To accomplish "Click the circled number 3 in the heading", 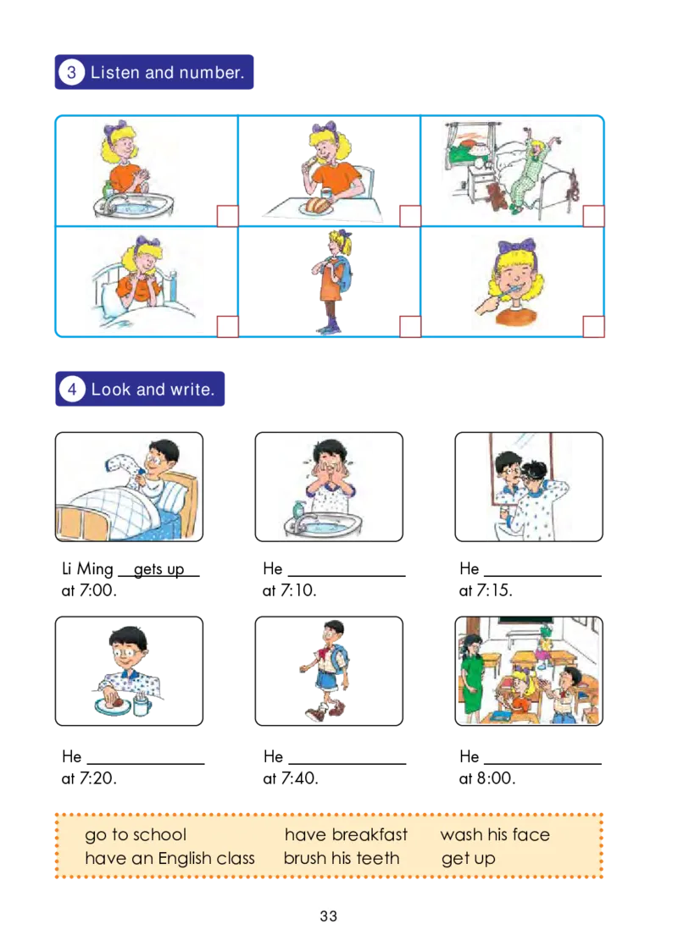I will click(71, 73).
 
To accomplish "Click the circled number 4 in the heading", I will click(71, 390).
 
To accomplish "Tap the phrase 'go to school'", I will click(136, 835).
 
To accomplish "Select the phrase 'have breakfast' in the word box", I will click(346, 835).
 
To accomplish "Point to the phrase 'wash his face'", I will click(495, 835).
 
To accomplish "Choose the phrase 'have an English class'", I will click(169, 858).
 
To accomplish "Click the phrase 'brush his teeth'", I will click(342, 858).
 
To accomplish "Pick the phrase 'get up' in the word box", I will click(468, 859).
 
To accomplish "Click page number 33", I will click(329, 916).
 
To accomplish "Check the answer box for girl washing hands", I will click(227, 216).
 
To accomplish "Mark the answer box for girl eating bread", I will click(410, 216).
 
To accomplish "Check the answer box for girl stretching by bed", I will click(593, 216).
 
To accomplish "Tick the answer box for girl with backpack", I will click(410, 326).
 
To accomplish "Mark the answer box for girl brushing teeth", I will click(593, 326).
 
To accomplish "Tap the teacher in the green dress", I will click(473, 678).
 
